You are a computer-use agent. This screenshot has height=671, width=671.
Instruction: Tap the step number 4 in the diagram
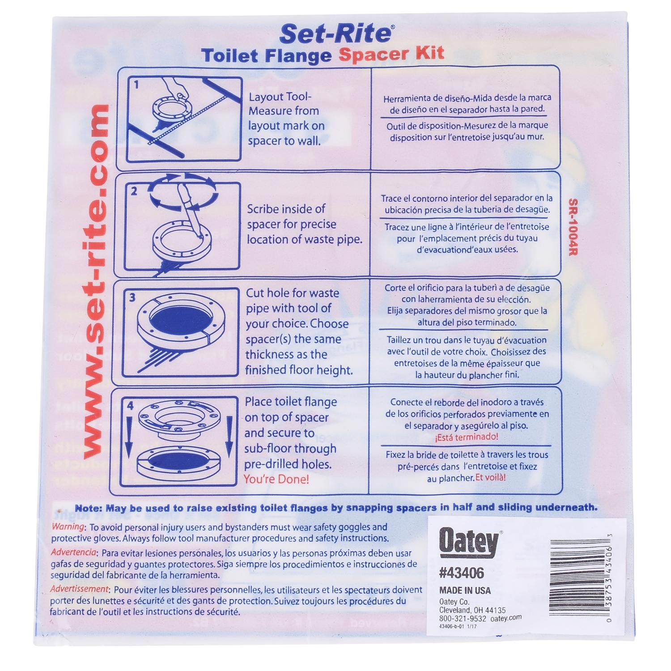(130, 406)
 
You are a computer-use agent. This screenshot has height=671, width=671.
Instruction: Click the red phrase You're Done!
(276, 480)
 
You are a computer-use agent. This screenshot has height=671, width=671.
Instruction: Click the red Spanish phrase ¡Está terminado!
(466, 437)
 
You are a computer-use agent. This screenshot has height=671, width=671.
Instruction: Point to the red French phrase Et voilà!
(490, 477)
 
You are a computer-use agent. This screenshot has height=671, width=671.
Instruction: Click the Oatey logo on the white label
(468, 542)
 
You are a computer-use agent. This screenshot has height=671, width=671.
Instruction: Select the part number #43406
(462, 573)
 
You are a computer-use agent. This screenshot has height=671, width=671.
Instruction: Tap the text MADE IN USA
(465, 590)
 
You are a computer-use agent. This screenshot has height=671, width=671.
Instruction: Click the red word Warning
(68, 527)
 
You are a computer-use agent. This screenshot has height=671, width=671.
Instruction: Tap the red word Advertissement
(79, 589)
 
